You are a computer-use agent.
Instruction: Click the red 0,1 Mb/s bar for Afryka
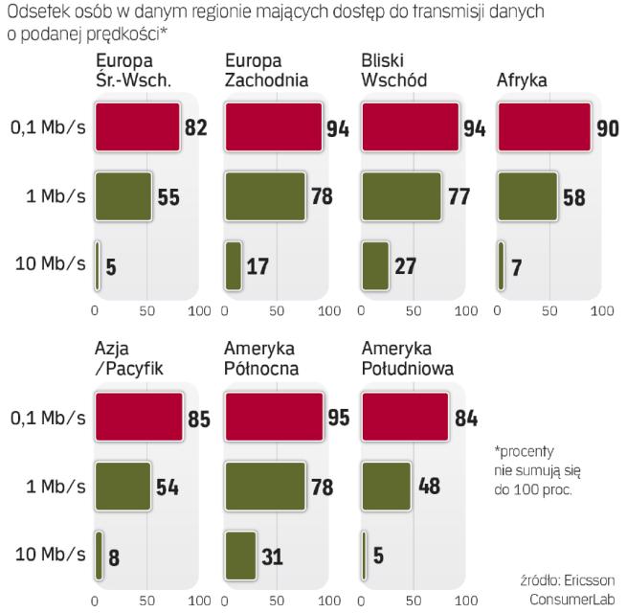click(x=545, y=128)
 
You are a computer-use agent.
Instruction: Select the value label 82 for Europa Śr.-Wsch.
click(x=196, y=128)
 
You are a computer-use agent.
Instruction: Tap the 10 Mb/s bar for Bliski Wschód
click(x=375, y=264)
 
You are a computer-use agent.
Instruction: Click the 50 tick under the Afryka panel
click(x=550, y=311)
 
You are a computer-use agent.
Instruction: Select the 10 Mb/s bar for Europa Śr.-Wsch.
click(x=98, y=264)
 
